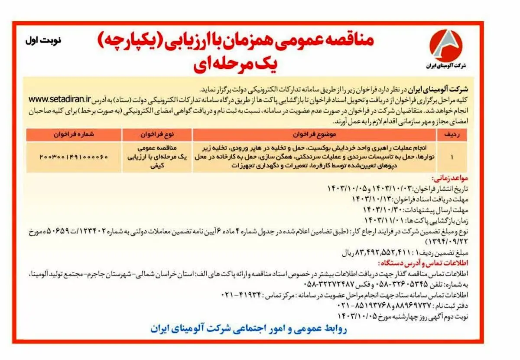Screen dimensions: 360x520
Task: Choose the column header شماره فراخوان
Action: click(73, 135)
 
